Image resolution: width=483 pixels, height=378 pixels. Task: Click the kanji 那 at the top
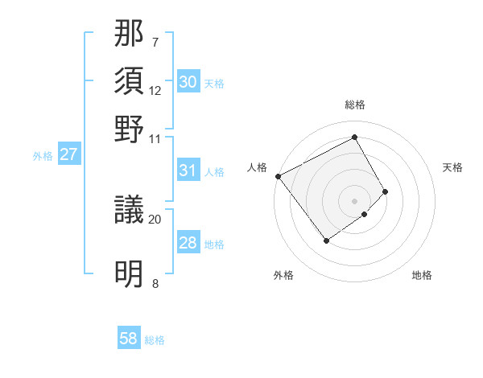click(x=130, y=34)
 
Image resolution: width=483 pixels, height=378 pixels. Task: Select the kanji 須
click(x=130, y=82)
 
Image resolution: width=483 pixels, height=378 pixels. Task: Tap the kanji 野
click(x=130, y=129)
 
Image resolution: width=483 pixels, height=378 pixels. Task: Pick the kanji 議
click(x=130, y=211)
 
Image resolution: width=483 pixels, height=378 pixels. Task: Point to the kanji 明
click(x=130, y=274)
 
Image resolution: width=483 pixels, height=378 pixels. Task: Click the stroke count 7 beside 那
click(x=155, y=42)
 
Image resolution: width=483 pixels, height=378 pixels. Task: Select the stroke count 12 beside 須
click(x=155, y=90)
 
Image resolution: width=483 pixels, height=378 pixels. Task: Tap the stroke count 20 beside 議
click(x=155, y=219)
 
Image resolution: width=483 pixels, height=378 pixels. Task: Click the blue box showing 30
click(x=188, y=82)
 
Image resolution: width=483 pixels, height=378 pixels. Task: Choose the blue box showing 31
click(x=188, y=171)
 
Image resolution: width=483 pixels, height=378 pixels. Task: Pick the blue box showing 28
click(x=188, y=244)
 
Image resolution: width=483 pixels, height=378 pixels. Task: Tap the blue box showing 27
click(x=68, y=154)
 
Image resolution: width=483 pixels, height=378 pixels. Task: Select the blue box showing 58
click(x=129, y=339)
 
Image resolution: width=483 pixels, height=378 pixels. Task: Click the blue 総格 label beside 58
click(x=155, y=340)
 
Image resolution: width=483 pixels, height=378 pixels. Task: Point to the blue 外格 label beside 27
click(x=43, y=156)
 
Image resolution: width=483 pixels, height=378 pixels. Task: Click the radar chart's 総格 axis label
click(x=355, y=105)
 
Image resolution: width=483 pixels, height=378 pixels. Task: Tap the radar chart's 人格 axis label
click(x=258, y=167)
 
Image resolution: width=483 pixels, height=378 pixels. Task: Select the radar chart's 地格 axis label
click(x=422, y=275)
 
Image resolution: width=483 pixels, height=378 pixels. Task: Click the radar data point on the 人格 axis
click(x=278, y=176)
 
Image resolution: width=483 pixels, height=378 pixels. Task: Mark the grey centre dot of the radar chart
click(x=355, y=200)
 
